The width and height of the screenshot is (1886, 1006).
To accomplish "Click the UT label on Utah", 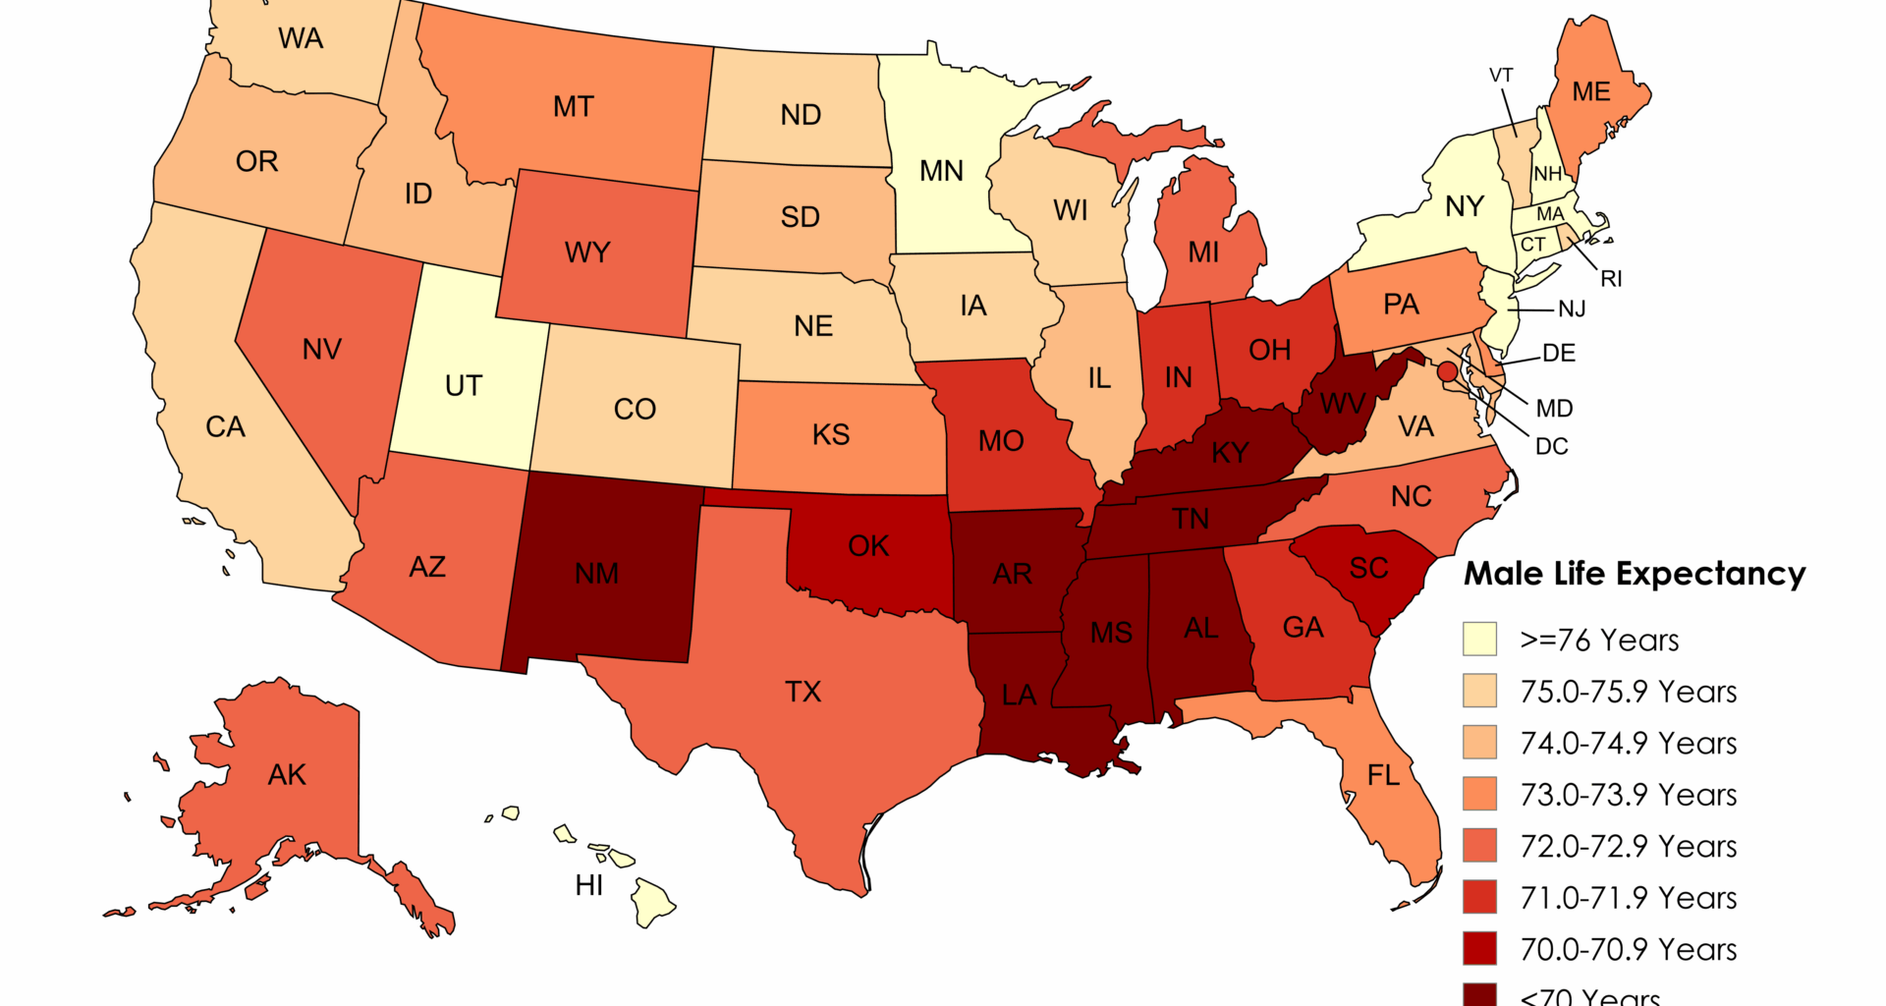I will [464, 386].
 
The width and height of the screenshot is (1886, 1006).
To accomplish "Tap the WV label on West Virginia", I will [1343, 404].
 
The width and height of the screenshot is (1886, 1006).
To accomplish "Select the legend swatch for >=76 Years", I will [1479, 639].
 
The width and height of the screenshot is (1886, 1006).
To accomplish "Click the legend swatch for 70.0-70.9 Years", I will [1479, 949].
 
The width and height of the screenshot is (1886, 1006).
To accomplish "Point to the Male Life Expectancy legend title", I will [1635, 574].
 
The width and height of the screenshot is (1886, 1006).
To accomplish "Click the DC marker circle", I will [1447, 371].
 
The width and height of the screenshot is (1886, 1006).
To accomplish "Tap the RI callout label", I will [1611, 279].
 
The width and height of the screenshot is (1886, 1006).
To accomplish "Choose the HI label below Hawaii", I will [589, 885].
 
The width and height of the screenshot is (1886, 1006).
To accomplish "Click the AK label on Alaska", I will [287, 775].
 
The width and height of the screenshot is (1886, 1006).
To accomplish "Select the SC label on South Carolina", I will [1368, 568].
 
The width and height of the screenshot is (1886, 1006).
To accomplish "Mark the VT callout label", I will [1501, 76].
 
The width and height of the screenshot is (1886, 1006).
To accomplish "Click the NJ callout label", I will [1572, 309].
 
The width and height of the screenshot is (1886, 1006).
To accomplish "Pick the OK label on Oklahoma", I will [868, 546].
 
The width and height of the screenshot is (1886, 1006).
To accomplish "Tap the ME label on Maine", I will [1590, 92].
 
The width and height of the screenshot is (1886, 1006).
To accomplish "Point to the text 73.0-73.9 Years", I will [1628, 795].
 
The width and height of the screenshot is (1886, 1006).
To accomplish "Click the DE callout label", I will [1559, 353].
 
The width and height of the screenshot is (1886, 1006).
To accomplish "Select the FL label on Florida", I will [1383, 776].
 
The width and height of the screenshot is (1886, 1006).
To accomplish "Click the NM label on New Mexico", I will [596, 573].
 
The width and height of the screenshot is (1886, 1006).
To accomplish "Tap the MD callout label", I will [1554, 409].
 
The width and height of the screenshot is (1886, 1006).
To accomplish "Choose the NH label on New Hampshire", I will [1548, 174].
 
